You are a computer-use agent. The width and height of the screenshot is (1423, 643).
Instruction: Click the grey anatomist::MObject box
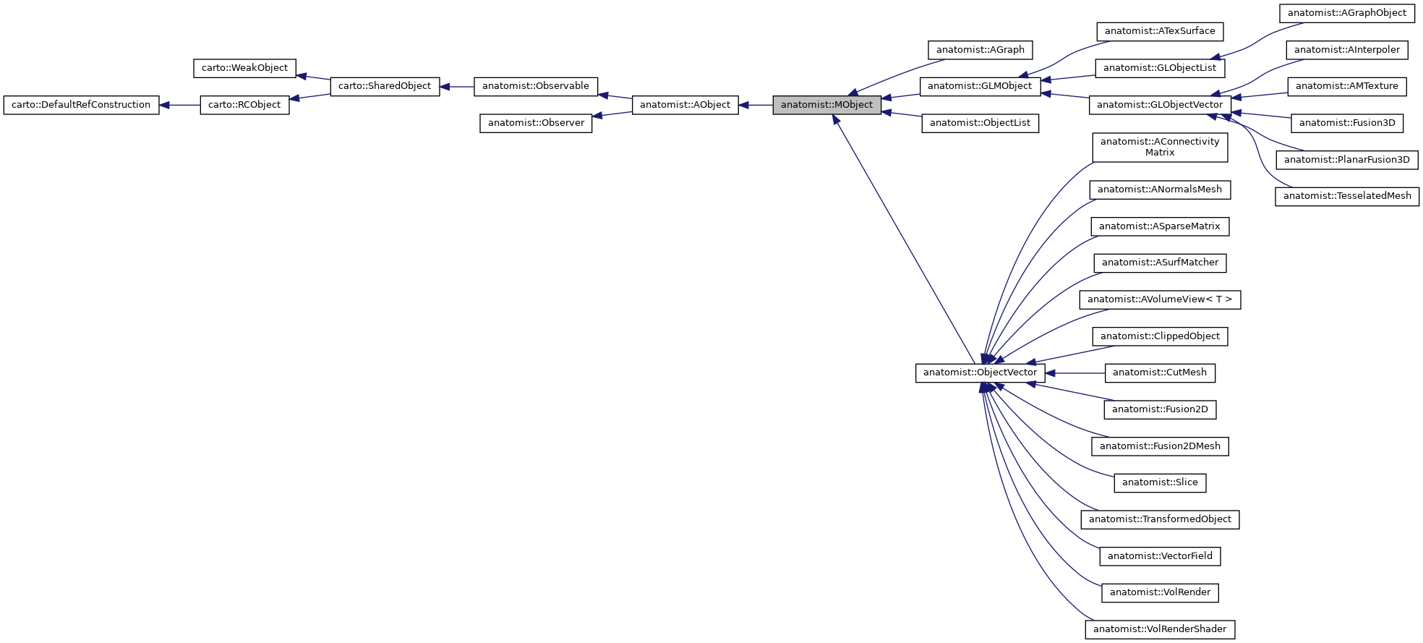(x=826, y=105)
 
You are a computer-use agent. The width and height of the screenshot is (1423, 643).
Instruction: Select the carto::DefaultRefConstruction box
(x=81, y=105)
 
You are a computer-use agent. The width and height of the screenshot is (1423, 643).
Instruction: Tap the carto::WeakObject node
(x=244, y=68)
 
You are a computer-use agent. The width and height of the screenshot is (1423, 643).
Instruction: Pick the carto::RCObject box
(x=244, y=105)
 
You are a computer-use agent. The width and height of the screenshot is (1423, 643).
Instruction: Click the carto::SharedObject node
(x=385, y=86)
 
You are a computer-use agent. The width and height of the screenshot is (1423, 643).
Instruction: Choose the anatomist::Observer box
(x=536, y=123)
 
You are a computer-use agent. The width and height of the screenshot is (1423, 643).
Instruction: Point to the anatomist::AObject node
(x=685, y=105)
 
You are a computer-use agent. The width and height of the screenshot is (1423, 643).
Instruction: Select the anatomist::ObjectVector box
(x=980, y=372)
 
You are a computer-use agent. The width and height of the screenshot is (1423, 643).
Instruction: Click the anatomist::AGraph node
(x=980, y=50)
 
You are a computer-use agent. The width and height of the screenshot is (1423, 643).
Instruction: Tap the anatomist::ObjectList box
(x=980, y=123)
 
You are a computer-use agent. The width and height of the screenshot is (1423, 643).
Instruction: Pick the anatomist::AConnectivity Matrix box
(x=1160, y=147)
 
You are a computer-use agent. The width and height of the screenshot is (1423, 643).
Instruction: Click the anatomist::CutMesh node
(x=1160, y=372)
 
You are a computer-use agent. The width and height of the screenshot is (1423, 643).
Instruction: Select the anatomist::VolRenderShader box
(x=1160, y=629)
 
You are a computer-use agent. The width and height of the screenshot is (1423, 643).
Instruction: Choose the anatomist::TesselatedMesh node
(x=1347, y=196)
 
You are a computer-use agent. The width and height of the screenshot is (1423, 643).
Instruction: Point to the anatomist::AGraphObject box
(x=1347, y=13)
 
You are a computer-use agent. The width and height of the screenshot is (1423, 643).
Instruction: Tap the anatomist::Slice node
(x=1160, y=482)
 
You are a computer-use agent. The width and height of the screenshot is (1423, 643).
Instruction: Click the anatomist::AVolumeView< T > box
(x=1160, y=299)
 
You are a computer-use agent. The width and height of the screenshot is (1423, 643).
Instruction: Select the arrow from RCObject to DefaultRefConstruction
(x=180, y=105)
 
